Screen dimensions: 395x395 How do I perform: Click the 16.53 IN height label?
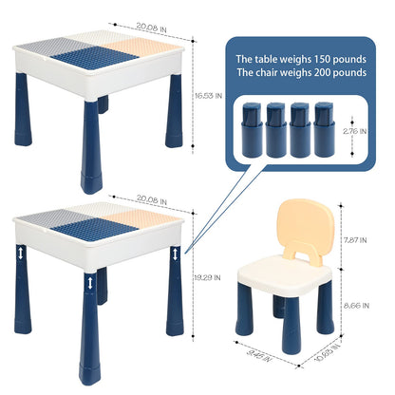(x=208, y=96)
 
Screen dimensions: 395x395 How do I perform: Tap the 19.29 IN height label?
(x=207, y=277)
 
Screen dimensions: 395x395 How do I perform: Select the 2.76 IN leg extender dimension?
(x=354, y=131)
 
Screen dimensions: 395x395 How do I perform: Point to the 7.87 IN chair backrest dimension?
(x=355, y=240)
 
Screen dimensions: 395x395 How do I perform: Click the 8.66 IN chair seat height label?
(x=356, y=306)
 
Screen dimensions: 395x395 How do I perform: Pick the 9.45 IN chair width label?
(x=258, y=356)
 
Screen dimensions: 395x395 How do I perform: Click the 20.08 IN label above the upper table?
(x=151, y=28)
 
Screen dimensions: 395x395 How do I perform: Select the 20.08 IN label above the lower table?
(x=152, y=199)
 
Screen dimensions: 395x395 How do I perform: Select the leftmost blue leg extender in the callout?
(x=253, y=129)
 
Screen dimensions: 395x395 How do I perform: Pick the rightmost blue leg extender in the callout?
(x=325, y=129)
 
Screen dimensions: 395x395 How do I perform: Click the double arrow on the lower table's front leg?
(x=90, y=283)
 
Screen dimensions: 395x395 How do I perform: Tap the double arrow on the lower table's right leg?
(x=176, y=254)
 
